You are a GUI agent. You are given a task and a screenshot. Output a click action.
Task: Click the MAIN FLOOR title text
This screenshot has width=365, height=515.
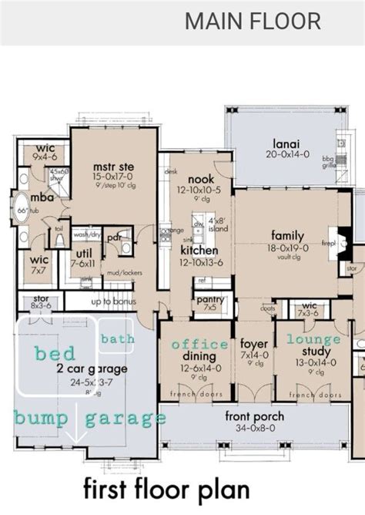pos(253,20)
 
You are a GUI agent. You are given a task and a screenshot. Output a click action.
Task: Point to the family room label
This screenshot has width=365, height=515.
pos(288,236)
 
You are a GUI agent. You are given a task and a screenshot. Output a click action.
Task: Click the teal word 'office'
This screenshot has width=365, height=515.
pos(199,344)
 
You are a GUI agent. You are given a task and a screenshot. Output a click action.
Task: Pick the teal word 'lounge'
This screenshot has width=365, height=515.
pos(313,339)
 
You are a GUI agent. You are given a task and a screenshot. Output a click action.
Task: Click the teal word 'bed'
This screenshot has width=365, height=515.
pos(55,353)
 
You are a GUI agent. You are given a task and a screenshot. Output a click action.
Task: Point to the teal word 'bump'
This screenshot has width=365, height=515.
pos(39,418)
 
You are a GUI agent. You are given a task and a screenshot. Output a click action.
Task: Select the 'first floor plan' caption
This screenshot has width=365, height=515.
pos(166,490)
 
